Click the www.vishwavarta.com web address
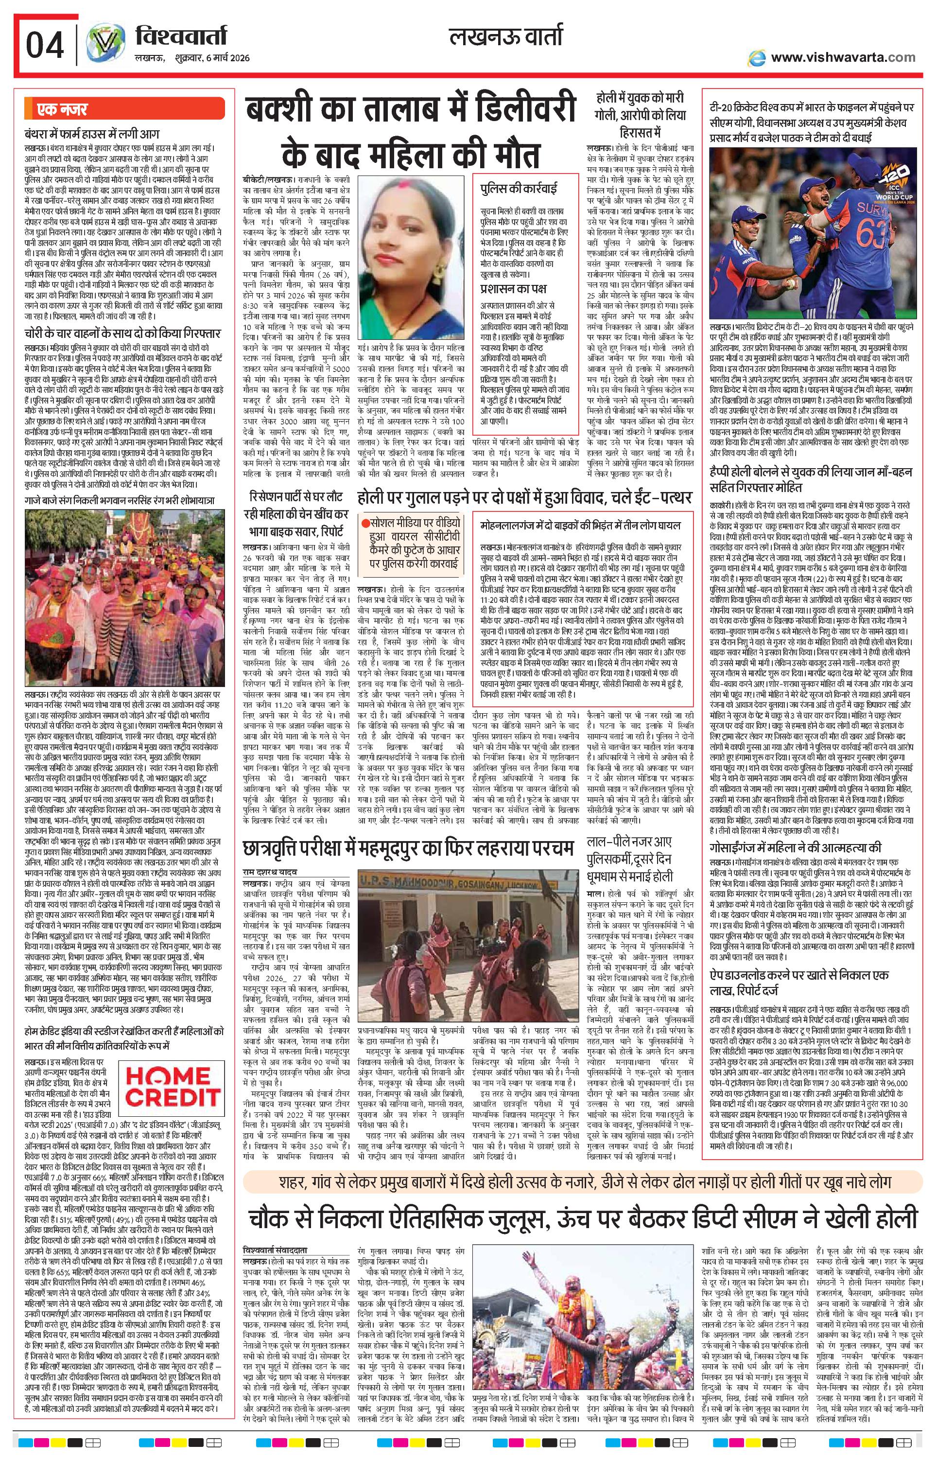tap(842, 57)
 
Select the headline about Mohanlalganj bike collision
tap(580, 525)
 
